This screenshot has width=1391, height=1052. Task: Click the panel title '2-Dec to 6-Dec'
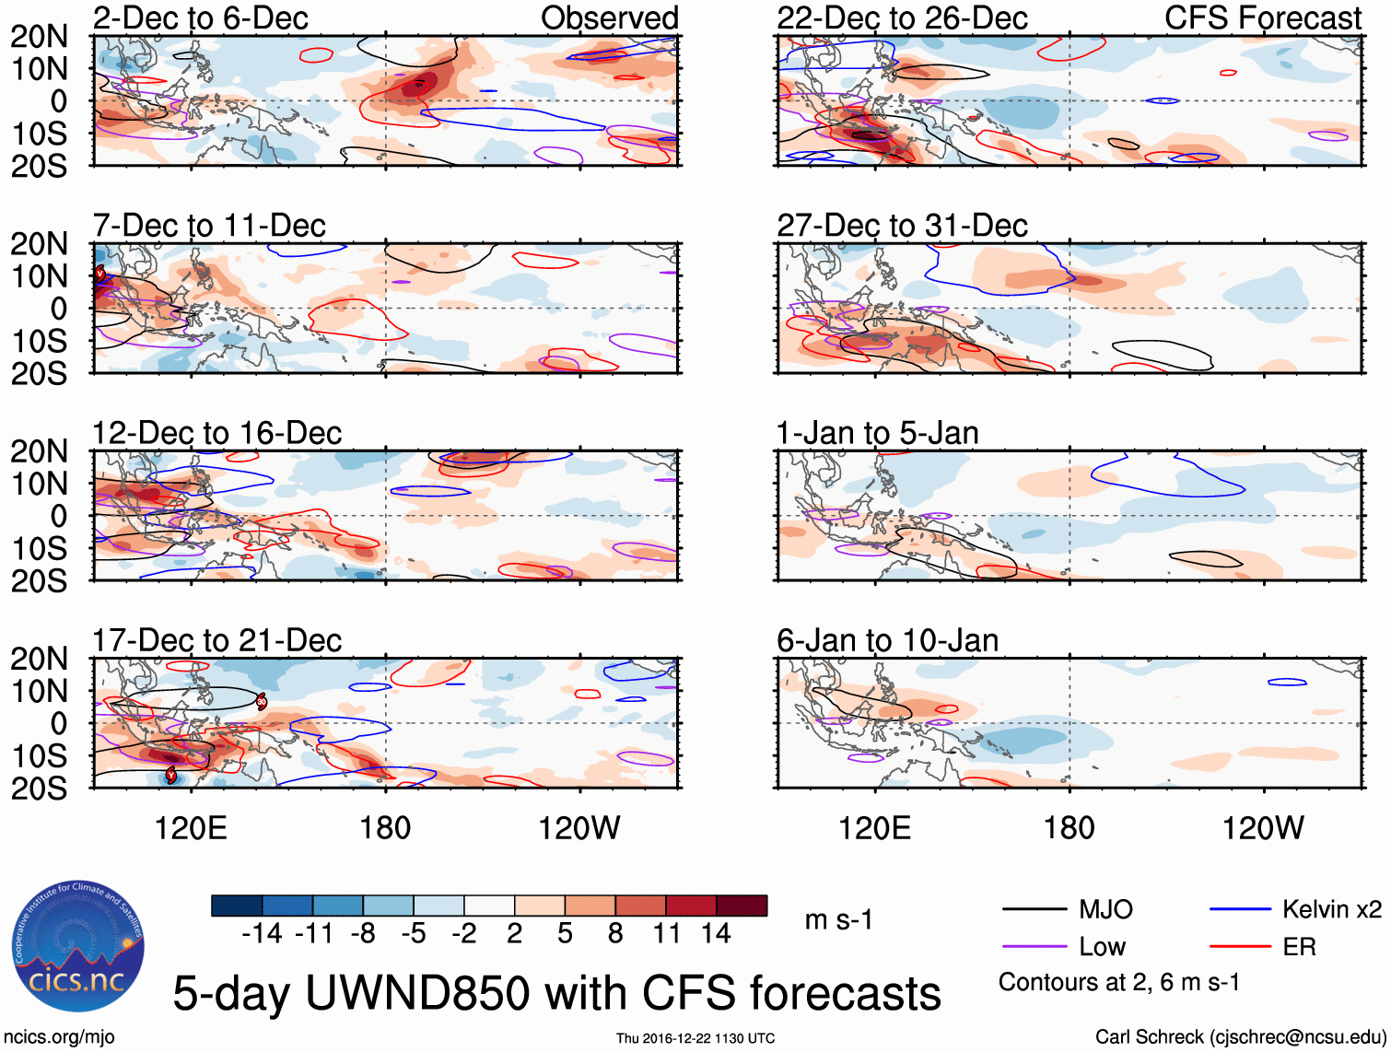201,18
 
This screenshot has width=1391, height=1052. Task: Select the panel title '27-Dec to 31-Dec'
902,226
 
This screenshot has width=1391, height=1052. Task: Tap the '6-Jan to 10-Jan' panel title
887,640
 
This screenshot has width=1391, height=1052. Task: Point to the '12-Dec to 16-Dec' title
216,433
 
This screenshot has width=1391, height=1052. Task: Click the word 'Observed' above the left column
609,18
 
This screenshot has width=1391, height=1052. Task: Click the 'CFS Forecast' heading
1262,18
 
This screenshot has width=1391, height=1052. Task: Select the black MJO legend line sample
1034,910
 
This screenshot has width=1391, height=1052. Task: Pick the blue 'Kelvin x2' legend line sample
1240,910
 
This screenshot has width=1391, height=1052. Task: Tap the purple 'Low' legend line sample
1034,947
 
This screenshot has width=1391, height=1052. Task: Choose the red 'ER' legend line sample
1240,947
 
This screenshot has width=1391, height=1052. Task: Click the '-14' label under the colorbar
262,934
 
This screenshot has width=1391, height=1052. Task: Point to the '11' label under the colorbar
666,934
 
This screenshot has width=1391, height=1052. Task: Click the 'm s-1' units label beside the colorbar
838,920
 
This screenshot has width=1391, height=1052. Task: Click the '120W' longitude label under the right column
1263,828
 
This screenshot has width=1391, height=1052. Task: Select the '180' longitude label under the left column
385,828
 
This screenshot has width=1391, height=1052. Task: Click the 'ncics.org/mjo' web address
59,1037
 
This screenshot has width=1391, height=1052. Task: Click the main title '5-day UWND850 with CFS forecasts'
556,993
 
